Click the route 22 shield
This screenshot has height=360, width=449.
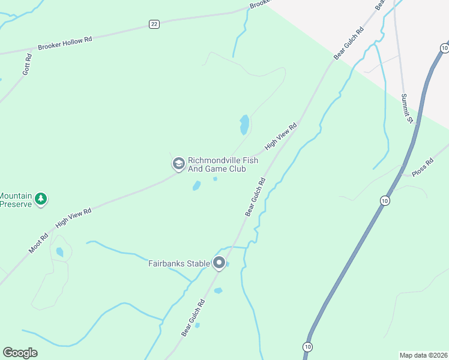154,24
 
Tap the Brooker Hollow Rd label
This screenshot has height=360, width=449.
65,43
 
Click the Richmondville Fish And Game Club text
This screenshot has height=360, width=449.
217,164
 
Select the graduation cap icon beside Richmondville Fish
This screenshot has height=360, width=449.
178,163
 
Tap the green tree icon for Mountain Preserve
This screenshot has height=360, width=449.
40,199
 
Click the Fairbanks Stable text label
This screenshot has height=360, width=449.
179,263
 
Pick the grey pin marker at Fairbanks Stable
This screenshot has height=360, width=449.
219,263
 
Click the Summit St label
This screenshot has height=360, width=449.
407,109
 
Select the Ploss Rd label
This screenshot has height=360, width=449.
422,167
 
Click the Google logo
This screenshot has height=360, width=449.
20,353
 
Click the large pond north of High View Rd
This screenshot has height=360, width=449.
244,124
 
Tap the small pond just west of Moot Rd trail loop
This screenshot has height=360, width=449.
59,253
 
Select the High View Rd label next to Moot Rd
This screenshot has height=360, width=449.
73,217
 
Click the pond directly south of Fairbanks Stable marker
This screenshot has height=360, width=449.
218,291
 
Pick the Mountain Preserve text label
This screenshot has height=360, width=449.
16,200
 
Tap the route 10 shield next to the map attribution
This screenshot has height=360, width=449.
308,347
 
